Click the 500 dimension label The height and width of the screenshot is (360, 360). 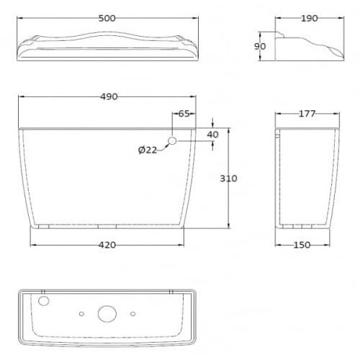tap(107, 18)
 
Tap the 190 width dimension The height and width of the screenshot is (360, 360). tap(310, 18)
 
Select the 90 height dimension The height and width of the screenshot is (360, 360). tap(260, 46)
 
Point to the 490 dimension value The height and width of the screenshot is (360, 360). tap(109, 96)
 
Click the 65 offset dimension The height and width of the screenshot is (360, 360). tap(184, 114)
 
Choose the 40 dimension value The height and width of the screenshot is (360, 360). tap(213, 135)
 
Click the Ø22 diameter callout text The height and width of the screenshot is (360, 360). tap(148, 150)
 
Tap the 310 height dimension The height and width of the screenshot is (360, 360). tap(228, 179)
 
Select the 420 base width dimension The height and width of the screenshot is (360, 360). tap(107, 245)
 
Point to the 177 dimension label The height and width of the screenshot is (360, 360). tap(307, 114)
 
